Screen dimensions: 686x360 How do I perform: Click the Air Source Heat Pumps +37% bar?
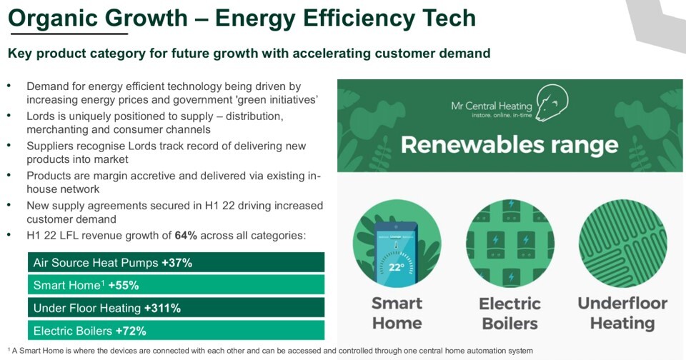[x=176, y=262]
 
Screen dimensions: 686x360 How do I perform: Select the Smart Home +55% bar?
[x=176, y=285]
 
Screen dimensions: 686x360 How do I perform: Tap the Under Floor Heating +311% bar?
[x=176, y=308]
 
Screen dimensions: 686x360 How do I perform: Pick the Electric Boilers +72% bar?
[x=176, y=331]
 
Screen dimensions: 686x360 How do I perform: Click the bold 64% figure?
[x=186, y=235]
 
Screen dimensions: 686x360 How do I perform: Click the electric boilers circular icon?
[x=510, y=243]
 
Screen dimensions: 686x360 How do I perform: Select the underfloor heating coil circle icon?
[x=622, y=243]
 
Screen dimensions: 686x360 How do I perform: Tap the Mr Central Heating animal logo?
[x=552, y=102]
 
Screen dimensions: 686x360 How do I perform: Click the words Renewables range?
[x=509, y=145]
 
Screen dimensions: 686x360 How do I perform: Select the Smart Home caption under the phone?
[x=397, y=313]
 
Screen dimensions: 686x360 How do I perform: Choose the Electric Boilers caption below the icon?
[x=510, y=314]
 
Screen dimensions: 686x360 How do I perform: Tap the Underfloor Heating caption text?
[x=622, y=313]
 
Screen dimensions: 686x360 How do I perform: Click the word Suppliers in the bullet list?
[x=48, y=146]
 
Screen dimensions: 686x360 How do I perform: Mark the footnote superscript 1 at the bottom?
[x=9, y=349]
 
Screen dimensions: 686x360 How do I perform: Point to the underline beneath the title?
[x=69, y=34]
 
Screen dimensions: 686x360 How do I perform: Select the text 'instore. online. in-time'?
[x=502, y=115]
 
